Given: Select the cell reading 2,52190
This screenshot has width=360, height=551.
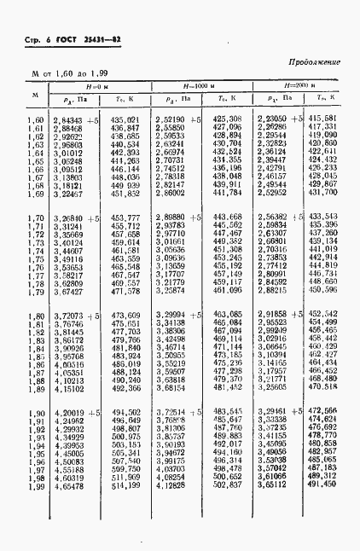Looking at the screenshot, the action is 173,119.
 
